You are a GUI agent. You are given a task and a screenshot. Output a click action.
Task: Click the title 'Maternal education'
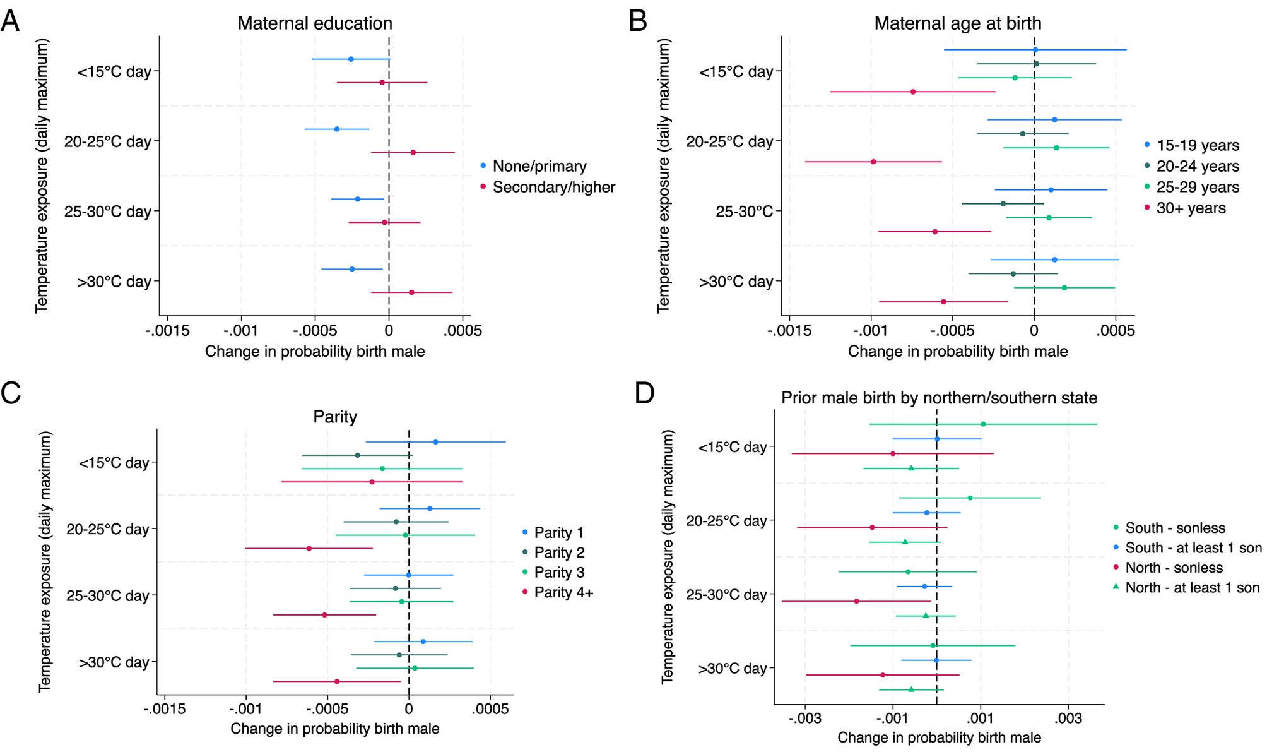tap(315, 23)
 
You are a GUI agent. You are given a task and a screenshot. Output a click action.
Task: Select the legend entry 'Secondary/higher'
tap(553, 188)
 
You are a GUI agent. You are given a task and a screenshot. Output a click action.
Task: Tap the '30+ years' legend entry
tap(1191, 208)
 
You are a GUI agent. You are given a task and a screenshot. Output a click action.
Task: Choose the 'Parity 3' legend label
tap(559, 573)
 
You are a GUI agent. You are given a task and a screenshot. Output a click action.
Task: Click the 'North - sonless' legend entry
tap(1174, 568)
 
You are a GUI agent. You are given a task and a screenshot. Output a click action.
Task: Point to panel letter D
tap(644, 393)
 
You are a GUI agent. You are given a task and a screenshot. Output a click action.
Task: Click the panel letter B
tap(638, 21)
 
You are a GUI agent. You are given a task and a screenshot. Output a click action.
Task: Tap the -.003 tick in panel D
tap(804, 719)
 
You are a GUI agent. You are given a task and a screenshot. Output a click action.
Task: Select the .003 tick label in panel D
tap(1068, 719)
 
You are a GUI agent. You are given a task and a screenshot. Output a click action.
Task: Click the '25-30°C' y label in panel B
tap(744, 212)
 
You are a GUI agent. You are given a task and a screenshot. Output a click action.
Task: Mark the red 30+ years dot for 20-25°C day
tap(873, 162)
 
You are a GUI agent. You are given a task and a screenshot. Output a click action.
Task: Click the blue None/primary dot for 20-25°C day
tap(336, 129)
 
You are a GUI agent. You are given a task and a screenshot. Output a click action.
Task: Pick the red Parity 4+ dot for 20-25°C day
tap(309, 548)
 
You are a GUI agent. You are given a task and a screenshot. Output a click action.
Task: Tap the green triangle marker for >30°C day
tap(911, 689)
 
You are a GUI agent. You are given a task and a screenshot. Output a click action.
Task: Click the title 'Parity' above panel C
tap(335, 417)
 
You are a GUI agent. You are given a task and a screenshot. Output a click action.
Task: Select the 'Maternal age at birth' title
tap(957, 23)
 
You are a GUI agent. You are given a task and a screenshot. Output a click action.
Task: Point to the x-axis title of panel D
tap(939, 737)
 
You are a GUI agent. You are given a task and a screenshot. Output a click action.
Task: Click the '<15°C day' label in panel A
tap(114, 72)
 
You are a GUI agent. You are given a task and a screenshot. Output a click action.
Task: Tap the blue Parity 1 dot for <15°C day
tap(435, 442)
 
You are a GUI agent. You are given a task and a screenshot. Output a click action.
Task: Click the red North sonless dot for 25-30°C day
tap(856, 601)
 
